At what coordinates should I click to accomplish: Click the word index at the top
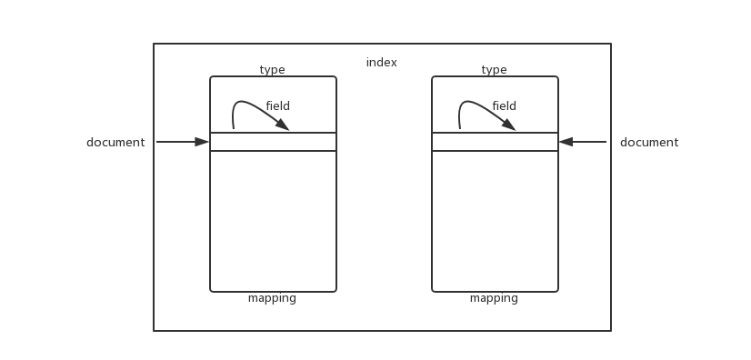[x=382, y=63]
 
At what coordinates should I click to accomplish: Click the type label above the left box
[x=272, y=70]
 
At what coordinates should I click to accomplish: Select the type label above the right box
[x=494, y=70]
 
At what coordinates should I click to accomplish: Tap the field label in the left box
[x=277, y=106]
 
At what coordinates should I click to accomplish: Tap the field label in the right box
[x=504, y=106]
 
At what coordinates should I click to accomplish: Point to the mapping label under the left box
[x=272, y=298]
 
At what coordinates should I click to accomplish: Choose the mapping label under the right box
[x=494, y=298]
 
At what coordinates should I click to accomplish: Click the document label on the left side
[x=115, y=143]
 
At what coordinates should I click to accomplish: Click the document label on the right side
[x=649, y=143]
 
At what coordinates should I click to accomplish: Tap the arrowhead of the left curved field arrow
[x=283, y=125]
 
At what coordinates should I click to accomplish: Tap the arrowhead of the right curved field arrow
[x=509, y=125]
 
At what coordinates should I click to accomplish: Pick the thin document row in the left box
[x=273, y=142]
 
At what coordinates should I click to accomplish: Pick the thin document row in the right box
[x=495, y=142]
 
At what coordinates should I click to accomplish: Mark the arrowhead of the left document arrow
[x=203, y=142]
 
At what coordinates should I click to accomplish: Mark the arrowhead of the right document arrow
[x=566, y=142]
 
